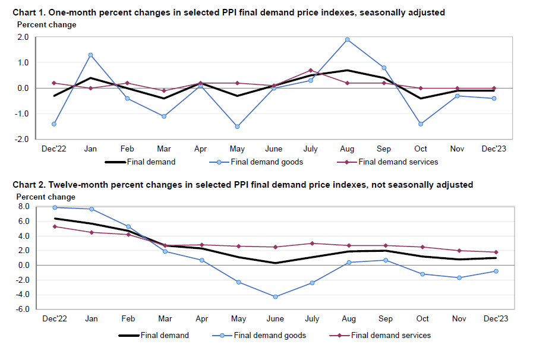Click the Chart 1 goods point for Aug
(x=347, y=40)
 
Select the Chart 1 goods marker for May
(x=238, y=127)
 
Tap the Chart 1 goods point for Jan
(x=91, y=55)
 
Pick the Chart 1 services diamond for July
(x=310, y=70)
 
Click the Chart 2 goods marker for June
(x=274, y=296)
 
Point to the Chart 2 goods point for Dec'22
(x=55, y=207)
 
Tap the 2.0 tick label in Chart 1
(x=23, y=37)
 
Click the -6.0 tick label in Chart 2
(x=23, y=310)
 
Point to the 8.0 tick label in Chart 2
(x=24, y=207)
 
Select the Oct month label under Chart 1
(x=421, y=149)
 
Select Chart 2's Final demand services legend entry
(x=391, y=335)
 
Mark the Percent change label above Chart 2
(x=46, y=197)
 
